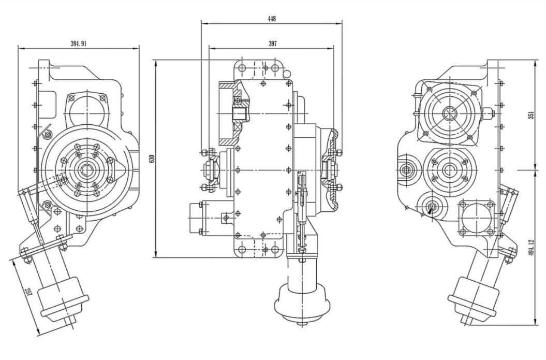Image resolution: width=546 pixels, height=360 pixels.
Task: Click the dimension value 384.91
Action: [x=78, y=44]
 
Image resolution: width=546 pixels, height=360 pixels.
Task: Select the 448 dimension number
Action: [x=272, y=19]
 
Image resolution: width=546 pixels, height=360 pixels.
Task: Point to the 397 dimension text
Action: [x=272, y=44]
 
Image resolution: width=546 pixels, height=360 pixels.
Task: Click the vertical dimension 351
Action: [x=531, y=115]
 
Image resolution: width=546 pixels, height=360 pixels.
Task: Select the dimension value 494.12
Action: [x=531, y=247]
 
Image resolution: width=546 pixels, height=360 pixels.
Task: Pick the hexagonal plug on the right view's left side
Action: [x=406, y=169]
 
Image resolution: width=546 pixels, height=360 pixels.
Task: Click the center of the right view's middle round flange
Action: [x=448, y=169]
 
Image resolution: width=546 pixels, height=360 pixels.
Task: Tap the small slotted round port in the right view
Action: [x=432, y=207]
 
